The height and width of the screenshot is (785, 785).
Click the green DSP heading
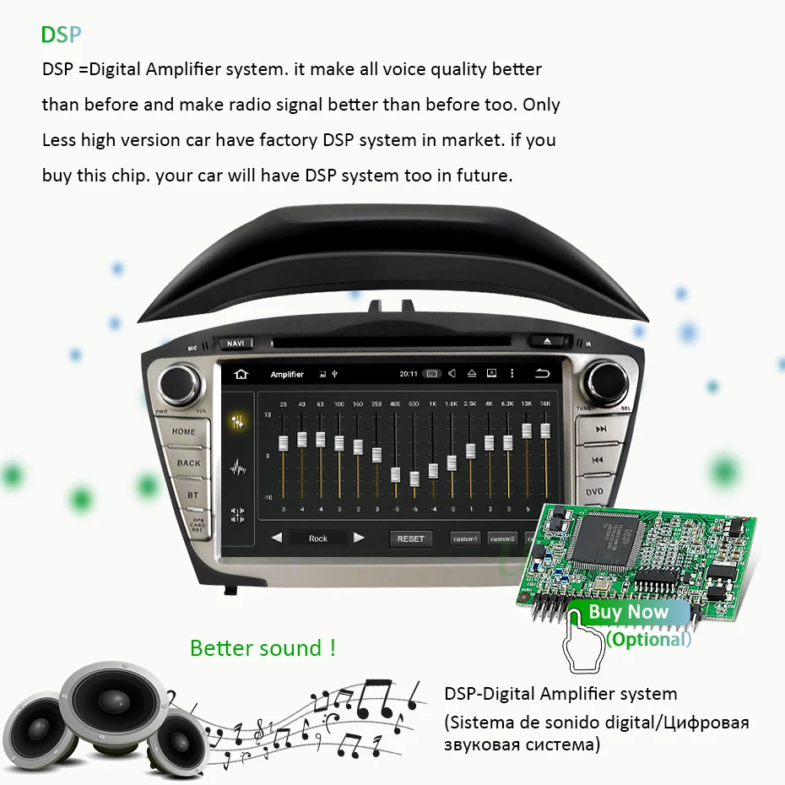click(62, 35)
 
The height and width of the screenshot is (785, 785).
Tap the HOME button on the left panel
click(184, 431)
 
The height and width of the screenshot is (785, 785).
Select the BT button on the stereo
click(193, 495)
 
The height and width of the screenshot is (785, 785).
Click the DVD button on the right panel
click(595, 492)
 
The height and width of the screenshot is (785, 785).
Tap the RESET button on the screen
click(411, 539)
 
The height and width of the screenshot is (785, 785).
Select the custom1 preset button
click(465, 539)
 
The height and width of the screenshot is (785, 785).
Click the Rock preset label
click(318, 539)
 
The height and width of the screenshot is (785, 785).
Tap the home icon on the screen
click(241, 374)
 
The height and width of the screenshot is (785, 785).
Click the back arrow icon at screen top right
click(541, 373)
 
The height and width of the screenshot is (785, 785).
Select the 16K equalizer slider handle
click(545, 431)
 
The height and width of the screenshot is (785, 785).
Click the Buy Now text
click(628, 612)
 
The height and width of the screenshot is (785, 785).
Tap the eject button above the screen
click(547, 341)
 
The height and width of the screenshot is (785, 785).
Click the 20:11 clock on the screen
click(408, 374)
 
